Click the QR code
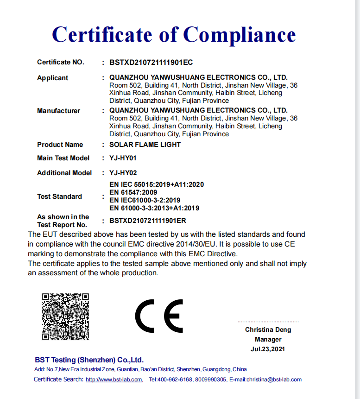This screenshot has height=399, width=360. pos(65,317)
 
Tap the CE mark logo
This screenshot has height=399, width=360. pos(159,316)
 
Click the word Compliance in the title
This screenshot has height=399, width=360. pos(240,34)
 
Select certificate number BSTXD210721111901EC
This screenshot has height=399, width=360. pos(151,62)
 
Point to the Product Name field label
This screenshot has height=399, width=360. pos(60,145)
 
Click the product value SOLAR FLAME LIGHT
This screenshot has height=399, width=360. pos(145,145)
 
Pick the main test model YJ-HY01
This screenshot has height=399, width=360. pos(123,158)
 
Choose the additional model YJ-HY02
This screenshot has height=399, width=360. pos(123,173)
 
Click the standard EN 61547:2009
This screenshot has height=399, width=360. pos(133,192)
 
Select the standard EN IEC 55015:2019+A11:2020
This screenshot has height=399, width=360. pos(157,184)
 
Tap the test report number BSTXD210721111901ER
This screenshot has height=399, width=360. pos(148,221)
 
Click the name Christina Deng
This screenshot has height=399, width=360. pos(268,330)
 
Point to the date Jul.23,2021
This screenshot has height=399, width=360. pos(268,349)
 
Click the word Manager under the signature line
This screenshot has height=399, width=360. pos(268,339)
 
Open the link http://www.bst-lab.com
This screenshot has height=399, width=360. pos(114,380)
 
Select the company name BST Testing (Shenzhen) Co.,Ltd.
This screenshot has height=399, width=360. pos(89,360)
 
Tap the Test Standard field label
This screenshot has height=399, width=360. pos(59,196)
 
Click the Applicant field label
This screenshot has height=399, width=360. pos(53,78)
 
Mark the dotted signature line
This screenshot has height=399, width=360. pos(268,322)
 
